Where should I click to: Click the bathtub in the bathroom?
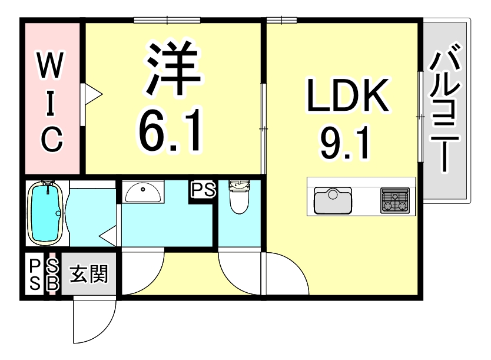pos(45,213)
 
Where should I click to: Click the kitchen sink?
pos(332,200)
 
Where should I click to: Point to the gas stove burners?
pos(395,200)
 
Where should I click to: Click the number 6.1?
pos(171,131)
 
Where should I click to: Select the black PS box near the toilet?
pos(203,190)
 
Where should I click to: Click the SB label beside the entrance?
pos(52,274)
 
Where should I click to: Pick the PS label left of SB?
pos(34,274)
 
